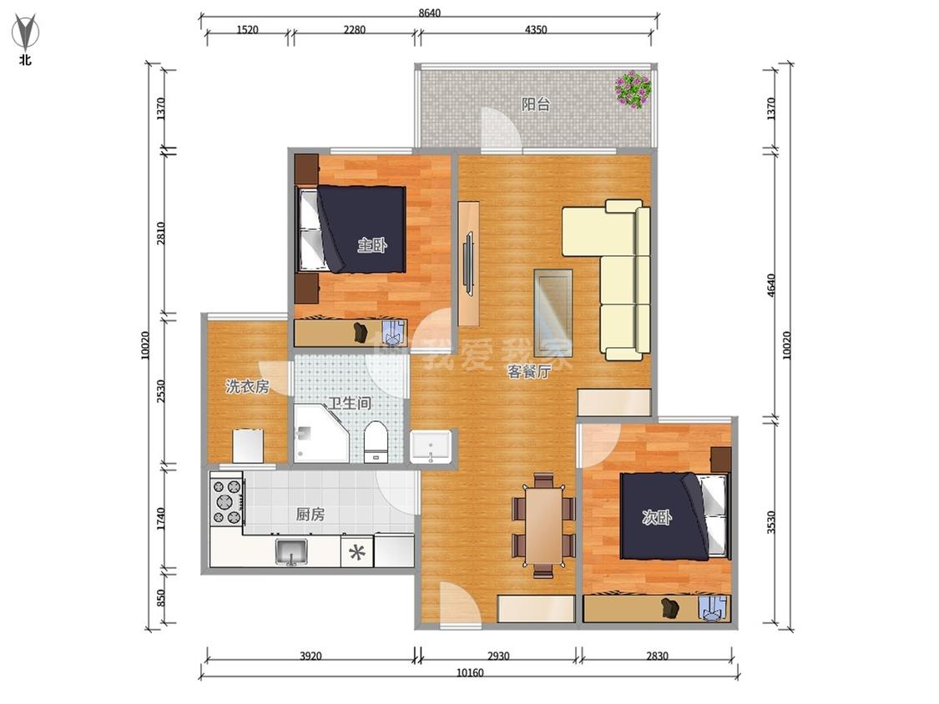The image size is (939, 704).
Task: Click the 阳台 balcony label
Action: click(x=535, y=104)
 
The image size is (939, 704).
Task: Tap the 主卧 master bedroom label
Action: click(x=372, y=245)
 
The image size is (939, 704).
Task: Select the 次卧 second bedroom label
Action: click(x=657, y=517)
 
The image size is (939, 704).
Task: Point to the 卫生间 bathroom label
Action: click(x=350, y=403)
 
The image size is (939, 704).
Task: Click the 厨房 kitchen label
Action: click(x=310, y=514)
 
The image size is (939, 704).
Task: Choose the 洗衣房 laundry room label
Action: click(x=247, y=387)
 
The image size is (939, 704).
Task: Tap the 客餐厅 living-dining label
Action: click(x=529, y=372)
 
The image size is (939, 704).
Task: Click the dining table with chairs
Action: click(x=543, y=525)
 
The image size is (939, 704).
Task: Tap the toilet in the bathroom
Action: click(x=376, y=442)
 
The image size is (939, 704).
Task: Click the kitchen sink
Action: click(x=291, y=551)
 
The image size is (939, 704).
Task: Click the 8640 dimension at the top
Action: click(x=429, y=13)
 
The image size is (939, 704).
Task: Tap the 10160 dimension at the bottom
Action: click(x=469, y=673)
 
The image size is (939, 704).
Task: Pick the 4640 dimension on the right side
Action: click(x=771, y=285)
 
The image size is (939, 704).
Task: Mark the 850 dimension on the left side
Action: click(x=160, y=597)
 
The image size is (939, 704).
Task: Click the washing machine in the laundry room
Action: click(x=248, y=445)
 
